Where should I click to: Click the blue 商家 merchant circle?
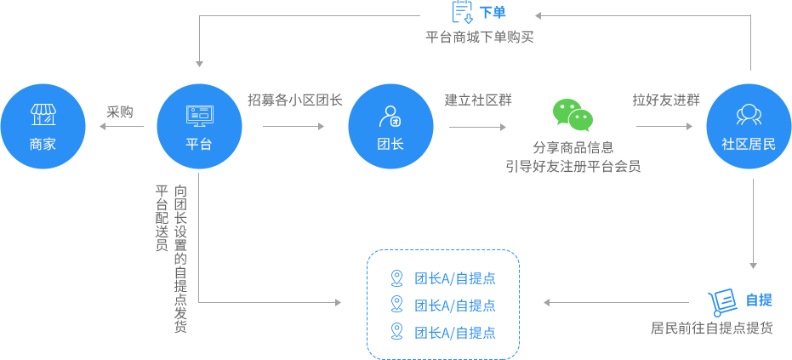(43, 126)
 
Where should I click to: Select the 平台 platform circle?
(198, 126)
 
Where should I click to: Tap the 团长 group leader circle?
(390, 126)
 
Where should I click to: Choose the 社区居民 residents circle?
(749, 126)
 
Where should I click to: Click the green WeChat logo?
(572, 116)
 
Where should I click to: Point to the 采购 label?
(119, 112)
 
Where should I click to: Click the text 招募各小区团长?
(294, 100)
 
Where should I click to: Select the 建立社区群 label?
(478, 100)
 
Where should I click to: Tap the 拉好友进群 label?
(666, 100)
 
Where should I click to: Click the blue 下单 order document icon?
(462, 13)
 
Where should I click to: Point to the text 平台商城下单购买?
(480, 37)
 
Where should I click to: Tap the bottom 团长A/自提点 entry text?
(455, 332)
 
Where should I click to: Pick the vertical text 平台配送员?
(161, 218)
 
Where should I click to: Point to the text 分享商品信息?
(573, 147)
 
